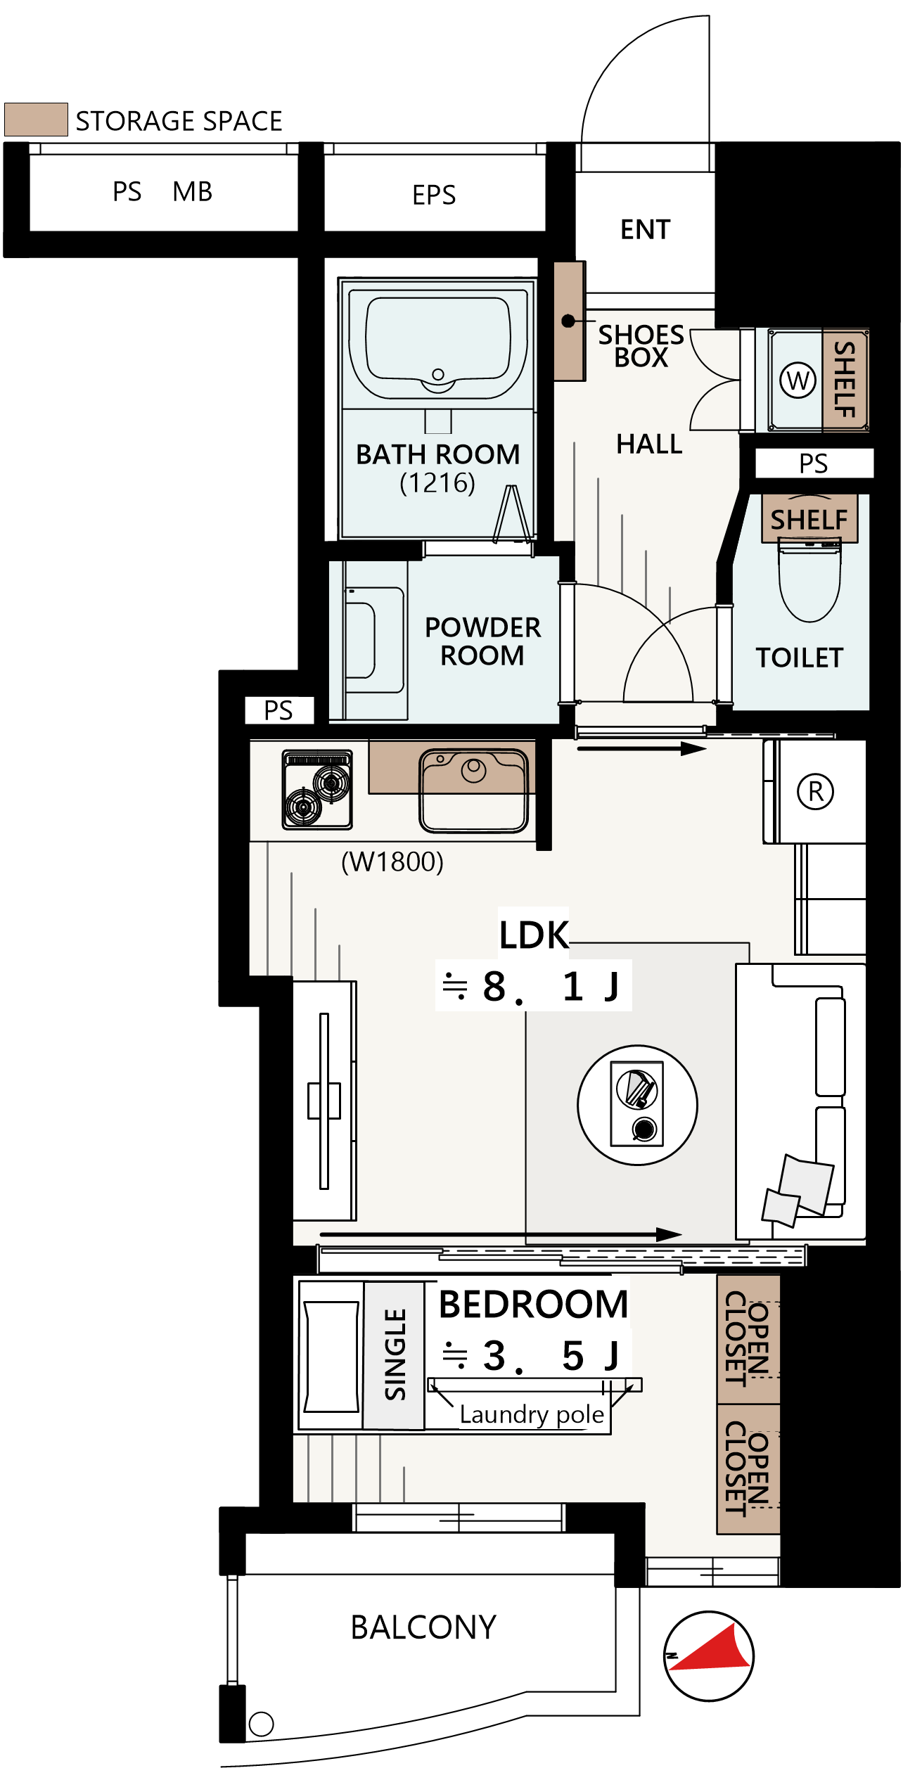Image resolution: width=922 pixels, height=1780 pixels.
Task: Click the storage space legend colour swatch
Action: click(36, 120)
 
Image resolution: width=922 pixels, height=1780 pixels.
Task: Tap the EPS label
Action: click(434, 195)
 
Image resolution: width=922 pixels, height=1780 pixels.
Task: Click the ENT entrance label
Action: click(645, 230)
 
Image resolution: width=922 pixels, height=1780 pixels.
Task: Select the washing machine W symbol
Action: click(798, 380)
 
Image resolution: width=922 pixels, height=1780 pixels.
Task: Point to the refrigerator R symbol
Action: click(815, 791)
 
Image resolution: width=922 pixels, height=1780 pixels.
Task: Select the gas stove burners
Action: click(317, 790)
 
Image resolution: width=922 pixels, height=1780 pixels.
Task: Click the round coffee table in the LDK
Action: click(637, 1105)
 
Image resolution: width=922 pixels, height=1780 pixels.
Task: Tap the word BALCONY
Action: click(423, 1627)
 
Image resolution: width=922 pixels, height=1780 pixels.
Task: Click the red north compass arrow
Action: click(712, 1648)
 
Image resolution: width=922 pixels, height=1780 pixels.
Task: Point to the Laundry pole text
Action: click(532, 1414)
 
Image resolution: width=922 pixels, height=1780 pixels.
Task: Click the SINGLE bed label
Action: click(395, 1355)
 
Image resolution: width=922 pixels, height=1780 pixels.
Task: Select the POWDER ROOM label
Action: click(482, 641)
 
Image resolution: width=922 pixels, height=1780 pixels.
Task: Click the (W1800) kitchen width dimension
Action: click(392, 862)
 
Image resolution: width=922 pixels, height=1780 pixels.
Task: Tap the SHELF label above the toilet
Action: click(809, 520)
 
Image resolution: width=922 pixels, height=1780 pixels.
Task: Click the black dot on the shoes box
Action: click(568, 321)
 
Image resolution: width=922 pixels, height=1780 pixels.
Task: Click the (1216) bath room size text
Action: click(437, 483)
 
